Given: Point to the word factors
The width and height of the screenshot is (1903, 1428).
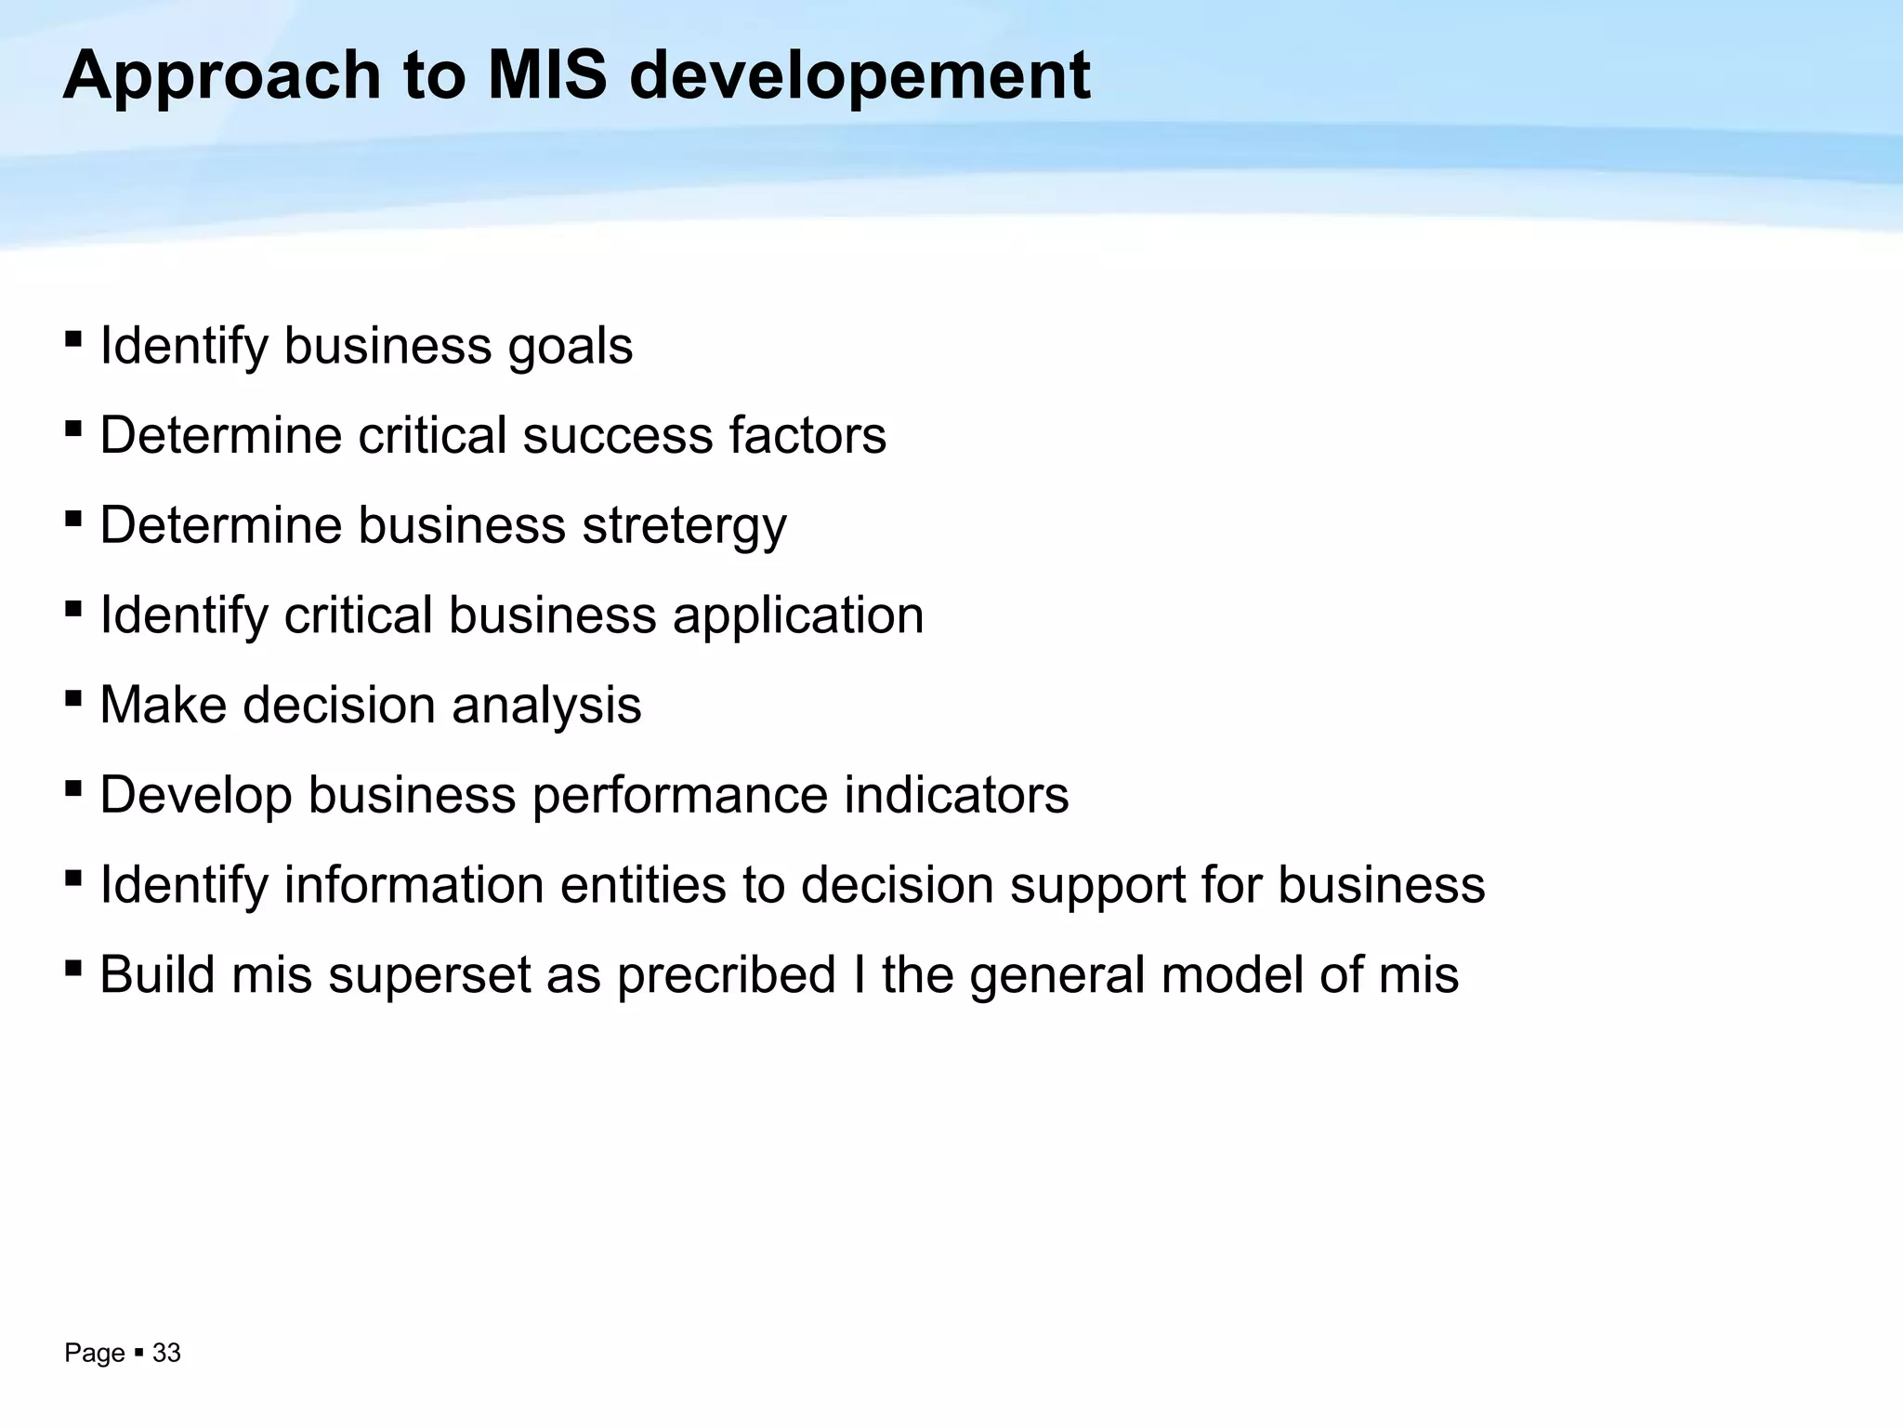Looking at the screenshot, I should (807, 435).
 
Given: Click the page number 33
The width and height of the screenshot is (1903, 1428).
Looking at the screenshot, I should (166, 1354).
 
